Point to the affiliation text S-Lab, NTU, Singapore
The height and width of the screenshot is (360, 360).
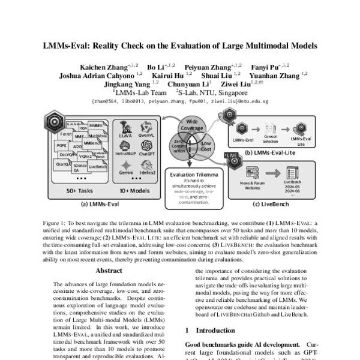click(211, 93)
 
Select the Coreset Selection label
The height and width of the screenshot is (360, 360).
click(270, 140)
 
